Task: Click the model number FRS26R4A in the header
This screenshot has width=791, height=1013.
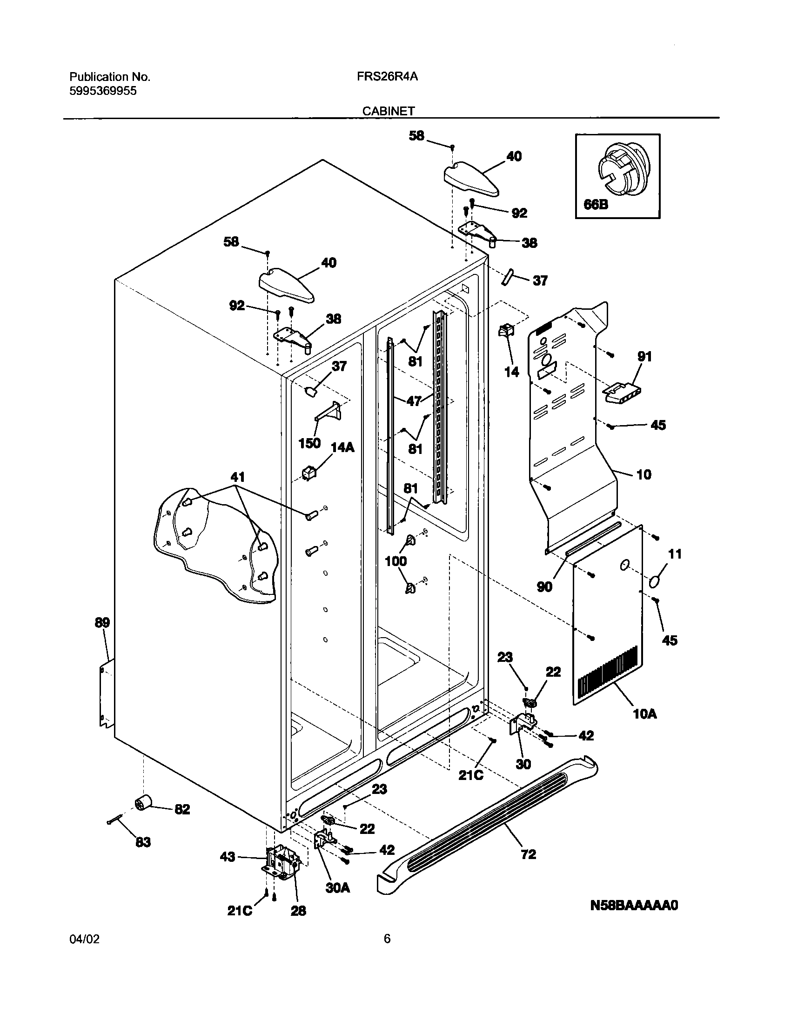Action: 387,77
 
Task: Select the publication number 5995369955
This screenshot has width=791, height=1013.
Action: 103,91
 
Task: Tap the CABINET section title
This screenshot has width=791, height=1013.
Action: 389,112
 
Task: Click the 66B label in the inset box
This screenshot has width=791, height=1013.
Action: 596,204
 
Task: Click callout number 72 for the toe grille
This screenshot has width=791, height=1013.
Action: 528,854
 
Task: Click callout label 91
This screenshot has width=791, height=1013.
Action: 644,357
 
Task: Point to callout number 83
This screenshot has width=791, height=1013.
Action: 143,842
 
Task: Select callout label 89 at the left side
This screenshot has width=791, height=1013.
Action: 102,623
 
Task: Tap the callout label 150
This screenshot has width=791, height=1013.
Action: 309,443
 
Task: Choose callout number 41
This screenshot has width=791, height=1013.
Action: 237,477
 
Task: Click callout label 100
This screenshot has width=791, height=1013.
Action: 395,561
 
